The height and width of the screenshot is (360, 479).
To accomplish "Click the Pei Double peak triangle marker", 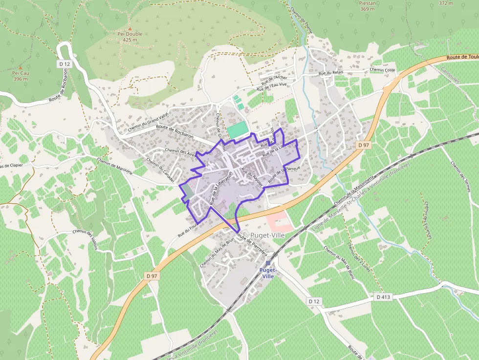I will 130,28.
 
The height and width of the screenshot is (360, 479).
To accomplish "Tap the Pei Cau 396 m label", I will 20,76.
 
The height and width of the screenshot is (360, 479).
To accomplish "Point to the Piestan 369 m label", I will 367,6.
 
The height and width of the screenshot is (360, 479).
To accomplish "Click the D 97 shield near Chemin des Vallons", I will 152,276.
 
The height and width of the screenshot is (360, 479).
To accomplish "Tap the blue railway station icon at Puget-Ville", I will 268,263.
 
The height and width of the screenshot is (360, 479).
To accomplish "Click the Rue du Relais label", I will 331,73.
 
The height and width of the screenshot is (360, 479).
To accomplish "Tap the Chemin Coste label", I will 382,70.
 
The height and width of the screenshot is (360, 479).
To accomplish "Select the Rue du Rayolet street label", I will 252,178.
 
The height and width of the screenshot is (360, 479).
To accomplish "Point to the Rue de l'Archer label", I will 274,78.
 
